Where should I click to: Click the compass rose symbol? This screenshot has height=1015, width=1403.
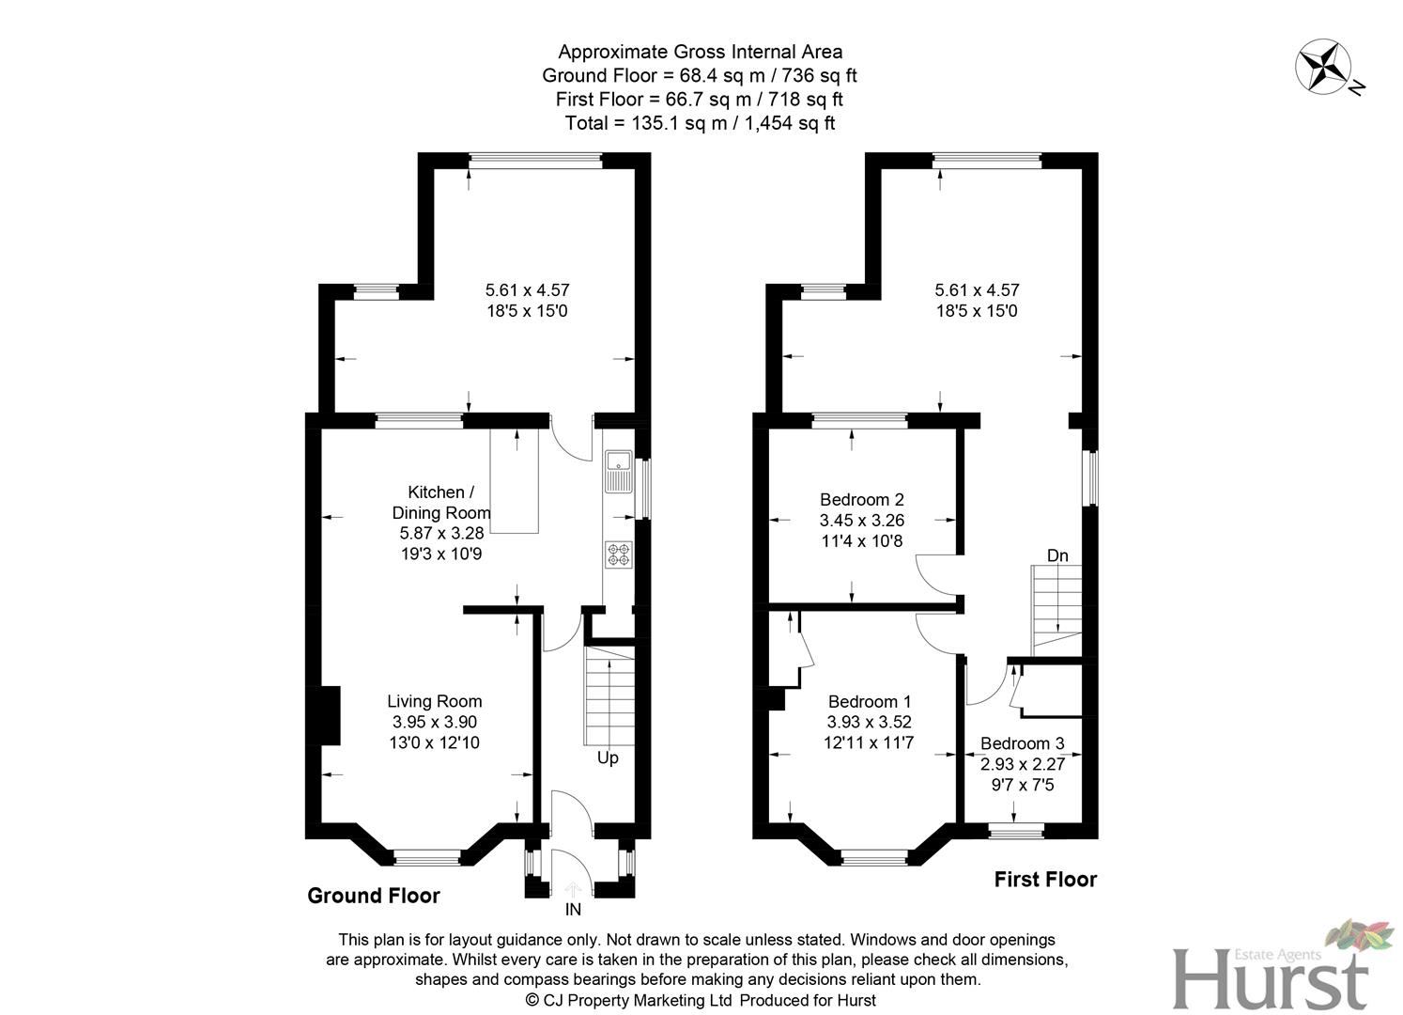point(1323,68)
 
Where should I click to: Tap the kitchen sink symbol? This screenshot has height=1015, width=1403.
point(618,472)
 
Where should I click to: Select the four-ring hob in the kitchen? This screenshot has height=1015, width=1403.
point(618,554)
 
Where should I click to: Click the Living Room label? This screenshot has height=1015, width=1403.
point(435,701)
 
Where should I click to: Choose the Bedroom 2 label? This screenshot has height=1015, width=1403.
point(861,499)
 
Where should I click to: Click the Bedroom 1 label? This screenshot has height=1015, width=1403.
point(869,701)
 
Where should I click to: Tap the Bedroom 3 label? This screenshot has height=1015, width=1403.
point(1022,743)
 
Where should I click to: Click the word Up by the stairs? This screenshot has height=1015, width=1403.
point(608,757)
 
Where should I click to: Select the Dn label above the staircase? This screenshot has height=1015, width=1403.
point(1057,555)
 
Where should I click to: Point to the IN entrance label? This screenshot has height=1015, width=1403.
point(573,910)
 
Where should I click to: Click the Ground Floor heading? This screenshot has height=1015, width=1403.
point(374,896)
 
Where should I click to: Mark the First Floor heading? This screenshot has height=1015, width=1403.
point(1045,880)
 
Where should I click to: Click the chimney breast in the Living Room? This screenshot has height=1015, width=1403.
point(325,716)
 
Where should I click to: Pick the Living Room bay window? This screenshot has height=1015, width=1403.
point(426,856)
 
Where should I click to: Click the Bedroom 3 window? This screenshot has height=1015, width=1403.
point(1017,830)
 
